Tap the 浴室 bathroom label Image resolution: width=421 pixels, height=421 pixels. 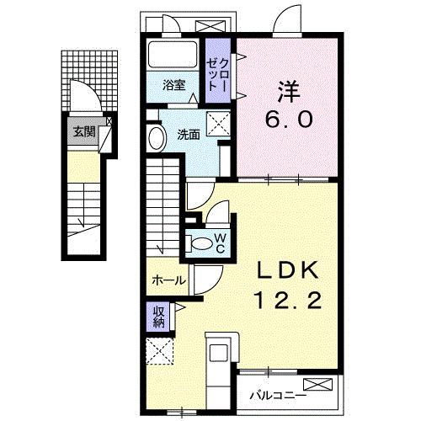(x=174, y=84)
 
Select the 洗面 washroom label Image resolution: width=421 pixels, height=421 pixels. (x=187, y=134)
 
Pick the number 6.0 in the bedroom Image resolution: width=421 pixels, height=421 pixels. (x=288, y=119)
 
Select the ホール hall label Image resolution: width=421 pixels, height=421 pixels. (x=168, y=280)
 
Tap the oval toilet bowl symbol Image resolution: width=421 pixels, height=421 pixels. (x=202, y=242)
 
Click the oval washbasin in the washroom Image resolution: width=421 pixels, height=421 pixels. (x=157, y=138)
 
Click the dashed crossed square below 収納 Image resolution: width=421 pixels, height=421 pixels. (x=157, y=349)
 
